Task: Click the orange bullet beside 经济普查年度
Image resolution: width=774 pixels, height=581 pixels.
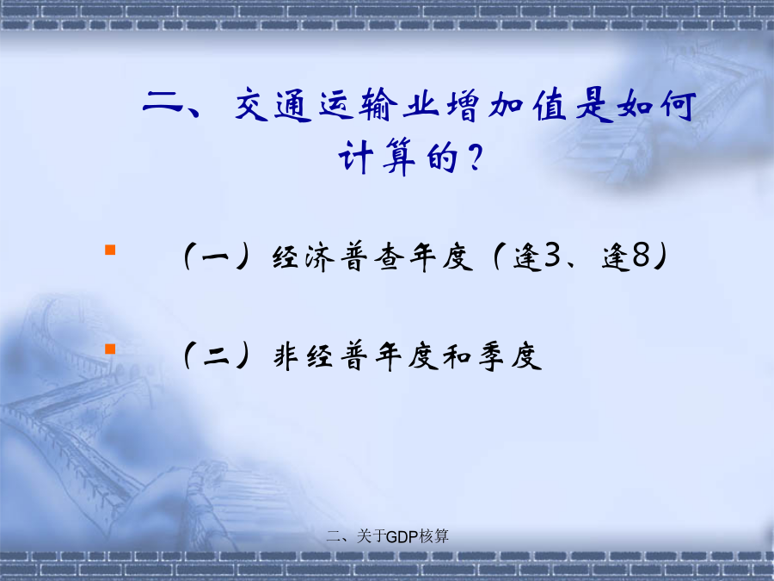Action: pyautogui.click(x=110, y=250)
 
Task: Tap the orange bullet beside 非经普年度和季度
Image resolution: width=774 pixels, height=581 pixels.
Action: pyautogui.click(x=110, y=349)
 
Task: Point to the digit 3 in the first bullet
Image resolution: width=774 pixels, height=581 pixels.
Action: pyautogui.click(x=552, y=256)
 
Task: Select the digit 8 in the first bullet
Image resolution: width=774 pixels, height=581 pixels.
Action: pyautogui.click(x=641, y=256)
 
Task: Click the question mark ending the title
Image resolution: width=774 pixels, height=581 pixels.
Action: pyautogui.click(x=475, y=158)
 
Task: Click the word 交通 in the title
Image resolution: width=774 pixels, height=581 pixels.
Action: pyautogui.click(x=273, y=105)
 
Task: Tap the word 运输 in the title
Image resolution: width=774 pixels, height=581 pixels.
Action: pyautogui.click(x=359, y=105)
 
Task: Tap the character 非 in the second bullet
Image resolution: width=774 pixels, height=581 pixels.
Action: pyautogui.click(x=286, y=355)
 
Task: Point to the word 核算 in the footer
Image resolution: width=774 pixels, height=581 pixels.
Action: pyautogui.click(x=434, y=536)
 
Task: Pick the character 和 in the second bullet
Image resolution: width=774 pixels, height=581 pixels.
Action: pyautogui.click(x=458, y=355)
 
